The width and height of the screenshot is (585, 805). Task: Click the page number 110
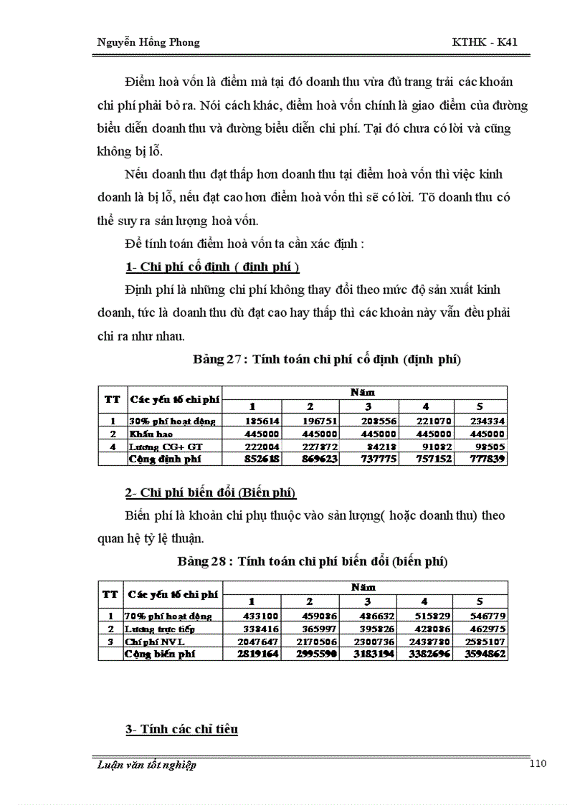click(x=538, y=763)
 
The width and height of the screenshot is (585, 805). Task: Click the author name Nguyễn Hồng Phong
click(x=148, y=42)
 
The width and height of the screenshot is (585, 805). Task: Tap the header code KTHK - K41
click(x=484, y=42)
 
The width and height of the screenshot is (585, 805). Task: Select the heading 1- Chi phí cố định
click(x=212, y=267)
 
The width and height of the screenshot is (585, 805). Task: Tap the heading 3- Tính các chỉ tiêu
click(x=182, y=730)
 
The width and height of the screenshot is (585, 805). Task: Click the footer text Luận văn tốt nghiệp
click(x=146, y=765)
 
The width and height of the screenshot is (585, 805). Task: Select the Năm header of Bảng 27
click(x=363, y=392)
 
